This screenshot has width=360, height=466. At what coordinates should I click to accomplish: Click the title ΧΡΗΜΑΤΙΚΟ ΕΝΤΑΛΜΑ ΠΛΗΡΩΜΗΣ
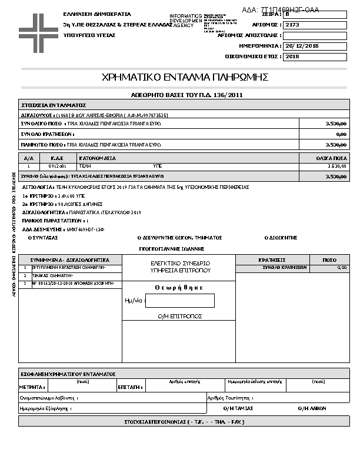pos(185,77)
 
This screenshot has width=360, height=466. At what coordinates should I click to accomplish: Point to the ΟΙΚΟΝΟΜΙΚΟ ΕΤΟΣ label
pos(254,56)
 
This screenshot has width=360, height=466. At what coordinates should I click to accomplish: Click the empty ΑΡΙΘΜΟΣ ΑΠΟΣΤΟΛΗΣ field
pos(315,35)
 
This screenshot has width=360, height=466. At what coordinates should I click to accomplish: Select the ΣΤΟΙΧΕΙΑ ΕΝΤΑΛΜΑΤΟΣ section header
pos(54,104)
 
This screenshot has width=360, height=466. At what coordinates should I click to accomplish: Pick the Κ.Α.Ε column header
pos(57,158)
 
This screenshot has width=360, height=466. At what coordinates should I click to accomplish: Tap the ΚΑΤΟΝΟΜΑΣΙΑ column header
pos(98,158)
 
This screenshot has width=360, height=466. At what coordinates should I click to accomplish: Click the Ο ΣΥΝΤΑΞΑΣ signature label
pos(43,238)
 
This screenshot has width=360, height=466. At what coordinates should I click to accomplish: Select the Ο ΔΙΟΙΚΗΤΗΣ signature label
pos(281,238)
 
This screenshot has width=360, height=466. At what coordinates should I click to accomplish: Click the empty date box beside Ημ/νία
pos(180,300)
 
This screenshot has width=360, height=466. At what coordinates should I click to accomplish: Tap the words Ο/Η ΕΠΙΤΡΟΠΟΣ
pos(180,317)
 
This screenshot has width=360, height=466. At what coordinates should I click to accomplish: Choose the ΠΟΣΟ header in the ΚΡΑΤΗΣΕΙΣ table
pos(329,259)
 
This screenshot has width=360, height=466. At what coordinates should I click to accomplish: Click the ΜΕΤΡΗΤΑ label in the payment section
pos(32,387)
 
